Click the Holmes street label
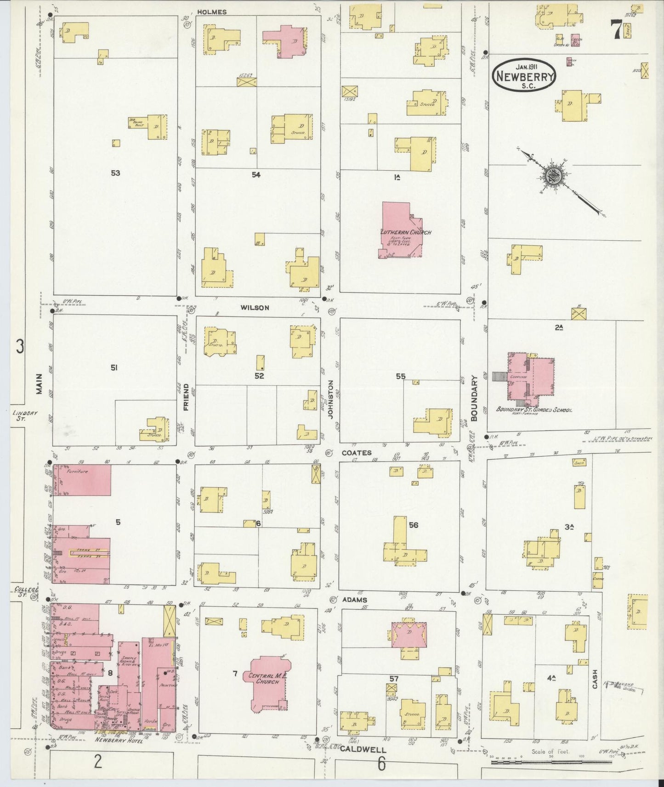click(x=212, y=12)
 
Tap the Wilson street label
click(x=255, y=308)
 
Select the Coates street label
click(x=357, y=453)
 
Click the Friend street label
click(x=186, y=396)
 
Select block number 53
click(x=115, y=173)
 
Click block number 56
click(x=413, y=525)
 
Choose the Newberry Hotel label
click(x=112, y=740)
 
